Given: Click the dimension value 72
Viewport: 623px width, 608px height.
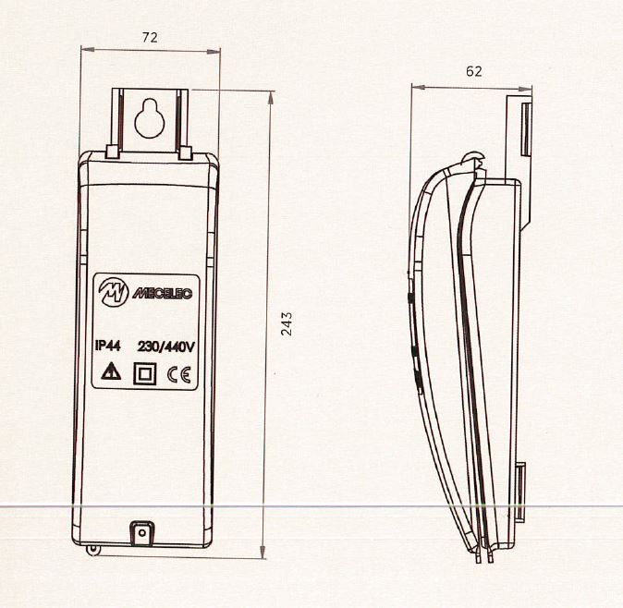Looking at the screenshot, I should [x=150, y=38].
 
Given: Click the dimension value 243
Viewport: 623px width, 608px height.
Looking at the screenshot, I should [x=287, y=323].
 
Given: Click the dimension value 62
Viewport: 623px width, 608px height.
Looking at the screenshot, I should [x=474, y=70].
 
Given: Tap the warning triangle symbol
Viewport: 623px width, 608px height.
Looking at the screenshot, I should [x=110, y=373].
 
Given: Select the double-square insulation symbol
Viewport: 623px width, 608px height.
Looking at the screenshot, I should [x=144, y=374].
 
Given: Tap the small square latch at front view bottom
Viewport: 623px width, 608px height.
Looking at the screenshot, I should [x=141, y=533].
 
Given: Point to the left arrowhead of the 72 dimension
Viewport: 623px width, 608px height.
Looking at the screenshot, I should [x=85, y=51].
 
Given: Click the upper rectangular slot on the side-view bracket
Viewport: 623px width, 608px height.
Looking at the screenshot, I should [x=523, y=128].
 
